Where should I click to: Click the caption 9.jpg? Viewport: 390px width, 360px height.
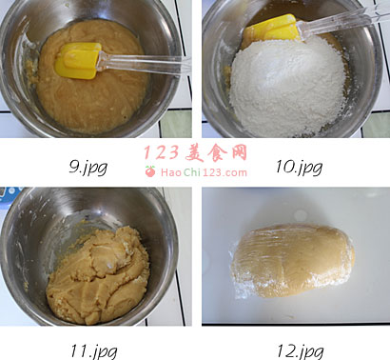pyautogui.click(x=88, y=168)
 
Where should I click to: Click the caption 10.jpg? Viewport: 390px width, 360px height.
pyautogui.click(x=299, y=167)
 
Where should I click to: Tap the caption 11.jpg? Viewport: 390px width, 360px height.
pyautogui.click(x=94, y=351)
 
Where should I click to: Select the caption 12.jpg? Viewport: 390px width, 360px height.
pyautogui.click(x=301, y=351)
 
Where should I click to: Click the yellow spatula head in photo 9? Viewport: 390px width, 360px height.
pyautogui.click(x=78, y=60)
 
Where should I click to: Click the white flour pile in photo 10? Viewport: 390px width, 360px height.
pyautogui.click(x=287, y=86)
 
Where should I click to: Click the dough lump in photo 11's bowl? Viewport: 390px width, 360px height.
pyautogui.click(x=98, y=276)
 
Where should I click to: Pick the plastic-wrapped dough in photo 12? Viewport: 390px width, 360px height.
pyautogui.click(x=292, y=261)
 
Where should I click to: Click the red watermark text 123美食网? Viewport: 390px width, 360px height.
pyautogui.click(x=195, y=153)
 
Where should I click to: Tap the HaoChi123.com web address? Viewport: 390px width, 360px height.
pyautogui.click(x=204, y=172)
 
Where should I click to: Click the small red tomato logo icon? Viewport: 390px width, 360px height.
pyautogui.click(x=150, y=171)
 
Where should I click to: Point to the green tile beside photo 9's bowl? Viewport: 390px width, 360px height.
pyautogui.click(x=175, y=124)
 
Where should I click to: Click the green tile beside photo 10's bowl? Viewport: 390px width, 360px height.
pyautogui.click(x=377, y=125)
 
